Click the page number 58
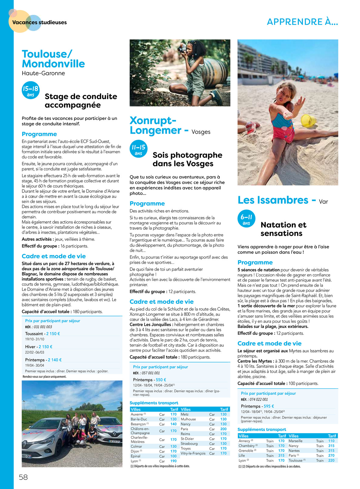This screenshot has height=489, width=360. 23,477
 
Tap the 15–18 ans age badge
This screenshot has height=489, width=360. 30,90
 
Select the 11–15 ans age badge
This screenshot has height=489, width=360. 138,149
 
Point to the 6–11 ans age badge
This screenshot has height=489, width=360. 246,219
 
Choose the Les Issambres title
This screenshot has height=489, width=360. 273,200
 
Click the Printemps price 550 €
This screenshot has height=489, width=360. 161,380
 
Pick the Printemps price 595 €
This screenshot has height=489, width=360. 269,406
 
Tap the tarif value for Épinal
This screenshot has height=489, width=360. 173,456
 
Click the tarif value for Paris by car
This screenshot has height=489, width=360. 223,429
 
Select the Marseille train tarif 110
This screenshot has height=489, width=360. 331,441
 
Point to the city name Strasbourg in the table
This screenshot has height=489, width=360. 189,444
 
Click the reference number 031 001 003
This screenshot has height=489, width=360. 43,327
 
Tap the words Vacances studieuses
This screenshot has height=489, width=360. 40,22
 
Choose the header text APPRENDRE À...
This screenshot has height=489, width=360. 302,22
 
